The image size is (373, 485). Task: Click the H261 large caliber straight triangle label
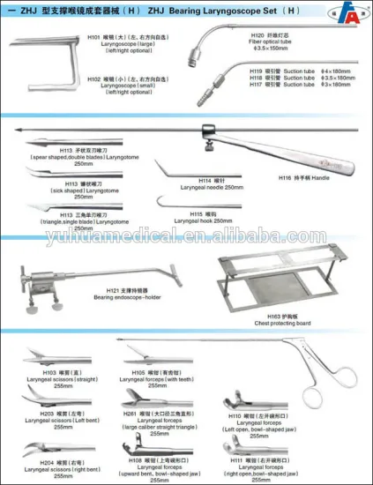click(x=160, y=420)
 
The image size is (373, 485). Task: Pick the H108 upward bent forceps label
click(x=160, y=465)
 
